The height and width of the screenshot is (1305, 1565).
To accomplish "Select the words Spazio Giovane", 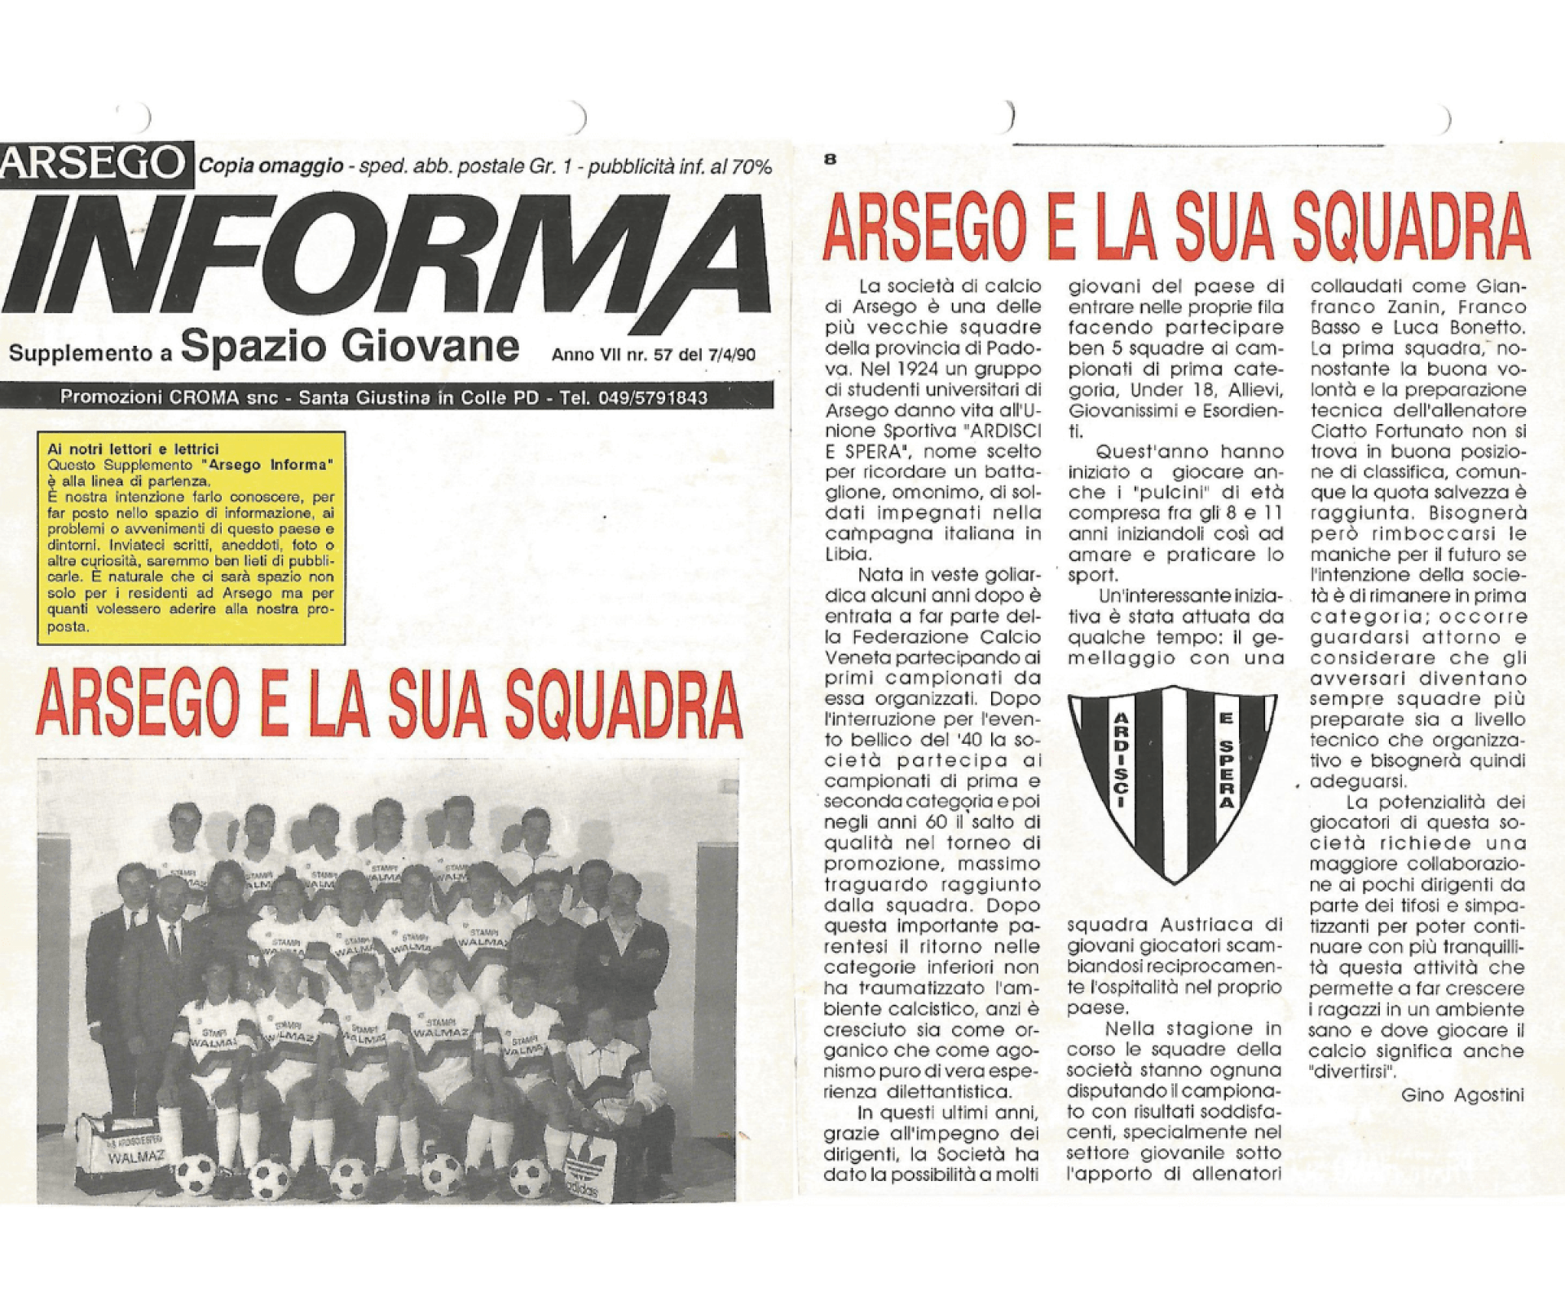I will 350,346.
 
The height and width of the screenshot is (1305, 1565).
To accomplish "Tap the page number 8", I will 830,160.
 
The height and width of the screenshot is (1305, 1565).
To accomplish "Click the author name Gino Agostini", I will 1462,1095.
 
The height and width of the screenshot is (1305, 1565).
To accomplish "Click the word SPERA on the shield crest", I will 1223,770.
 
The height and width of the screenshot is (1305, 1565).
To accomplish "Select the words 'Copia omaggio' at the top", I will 271,166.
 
